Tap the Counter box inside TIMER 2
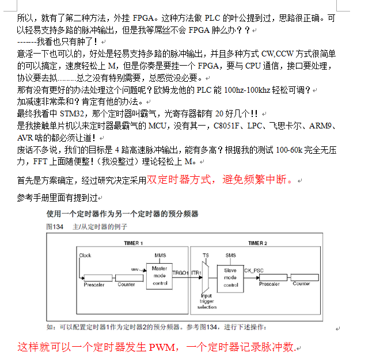301,283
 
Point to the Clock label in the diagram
85,255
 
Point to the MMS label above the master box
160,255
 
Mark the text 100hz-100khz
247,90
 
